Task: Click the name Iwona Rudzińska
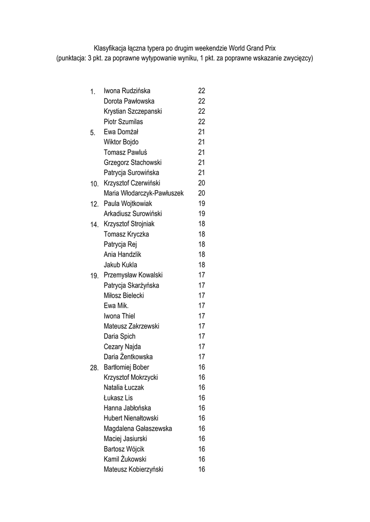tap(127, 91)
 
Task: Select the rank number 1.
tap(92, 92)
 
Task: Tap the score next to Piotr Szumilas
tap(202, 122)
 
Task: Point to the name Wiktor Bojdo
tap(121, 142)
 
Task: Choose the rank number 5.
tap(92, 133)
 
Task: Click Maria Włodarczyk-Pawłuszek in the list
tap(143, 193)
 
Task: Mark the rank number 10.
tap(94, 184)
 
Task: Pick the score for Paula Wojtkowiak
tap(202, 203)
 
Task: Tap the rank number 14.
tap(94, 225)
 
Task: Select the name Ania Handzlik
tap(122, 254)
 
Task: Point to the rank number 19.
tap(94, 276)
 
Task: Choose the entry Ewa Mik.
tap(116, 305)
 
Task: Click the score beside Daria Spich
tap(202, 336)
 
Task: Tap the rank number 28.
tap(94, 368)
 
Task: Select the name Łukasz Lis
tap(118, 398)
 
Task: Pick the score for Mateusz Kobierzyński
tap(202, 469)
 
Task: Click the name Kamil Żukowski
tap(125, 459)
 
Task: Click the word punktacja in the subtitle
tap(71, 58)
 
